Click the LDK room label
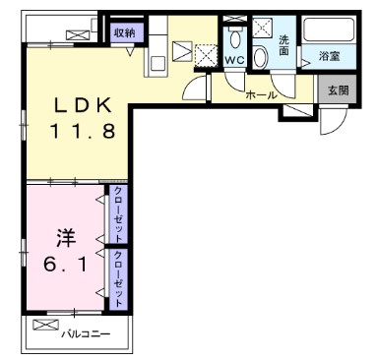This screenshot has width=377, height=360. click(x=82, y=105)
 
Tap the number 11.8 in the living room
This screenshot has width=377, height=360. click(x=83, y=131)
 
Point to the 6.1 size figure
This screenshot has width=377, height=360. click(x=66, y=265)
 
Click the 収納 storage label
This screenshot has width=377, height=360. click(x=125, y=33)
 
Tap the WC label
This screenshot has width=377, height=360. click(x=235, y=60)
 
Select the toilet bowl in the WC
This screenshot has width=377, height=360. click(x=235, y=39)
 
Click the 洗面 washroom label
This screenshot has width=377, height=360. click(x=283, y=45)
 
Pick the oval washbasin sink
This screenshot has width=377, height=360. click(x=260, y=57)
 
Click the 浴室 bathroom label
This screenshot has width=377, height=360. click(x=329, y=56)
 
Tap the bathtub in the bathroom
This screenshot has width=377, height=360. click(x=329, y=30)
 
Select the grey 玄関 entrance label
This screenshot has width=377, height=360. click(x=338, y=90)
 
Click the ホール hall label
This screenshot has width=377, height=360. click(x=261, y=95)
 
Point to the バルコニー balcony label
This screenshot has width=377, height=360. click(x=86, y=334)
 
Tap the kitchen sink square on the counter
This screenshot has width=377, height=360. click(x=157, y=64)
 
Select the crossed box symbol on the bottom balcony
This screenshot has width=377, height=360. click(x=46, y=325)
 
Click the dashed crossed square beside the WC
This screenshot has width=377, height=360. click(x=206, y=55)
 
